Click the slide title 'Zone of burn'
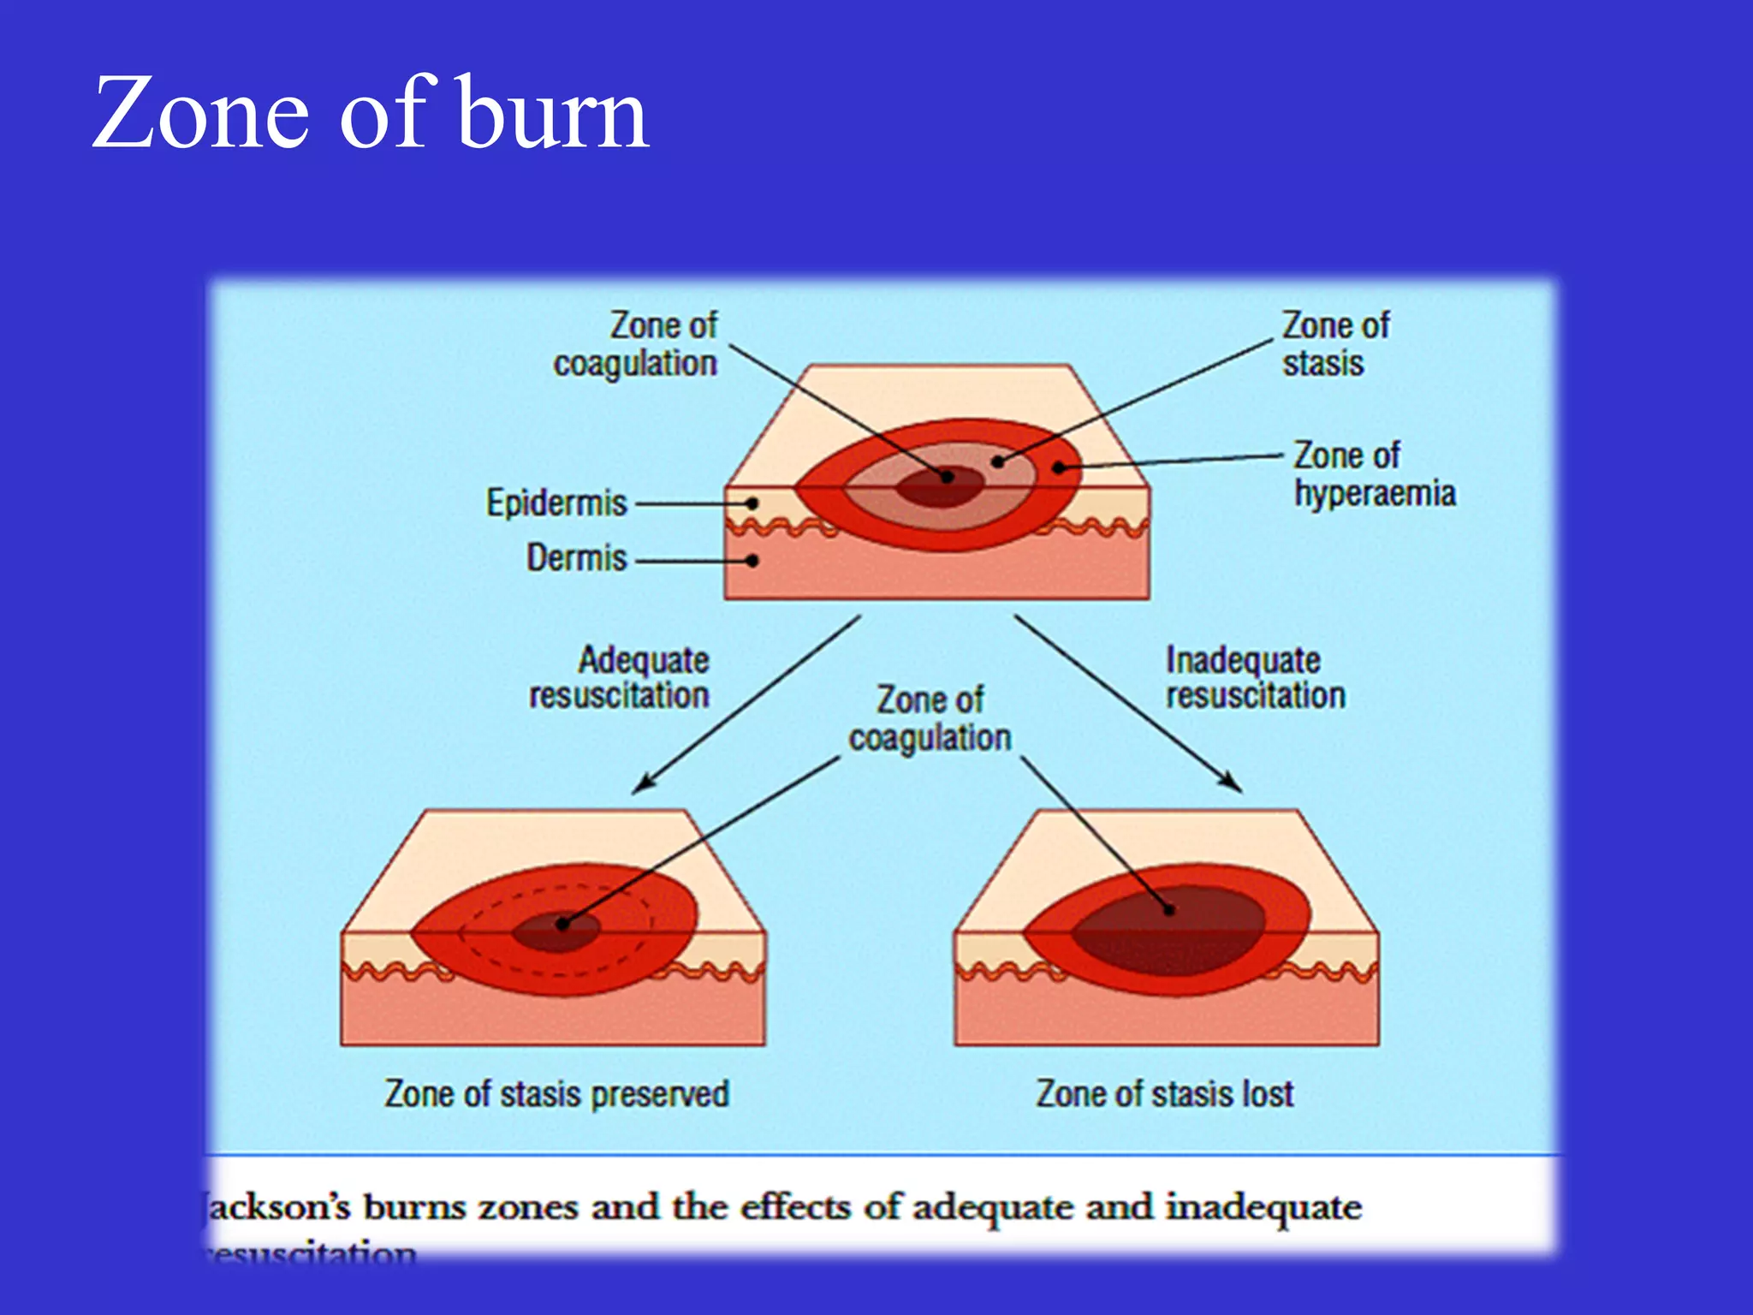pos(370,113)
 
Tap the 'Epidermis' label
pos(556,503)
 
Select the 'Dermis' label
pos(576,558)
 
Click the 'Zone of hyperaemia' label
pos(1373,474)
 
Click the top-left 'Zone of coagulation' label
pos(636,344)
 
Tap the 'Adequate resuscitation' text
pos(620,677)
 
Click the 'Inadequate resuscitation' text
pos(1255,677)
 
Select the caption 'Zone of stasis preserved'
pos(556,1094)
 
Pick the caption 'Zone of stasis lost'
pos(1164,1094)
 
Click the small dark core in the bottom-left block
pos(556,931)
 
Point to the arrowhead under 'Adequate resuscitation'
pos(643,782)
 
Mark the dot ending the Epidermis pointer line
pos(752,503)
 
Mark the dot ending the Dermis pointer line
pos(752,561)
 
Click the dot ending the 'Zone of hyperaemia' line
pos(1059,467)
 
